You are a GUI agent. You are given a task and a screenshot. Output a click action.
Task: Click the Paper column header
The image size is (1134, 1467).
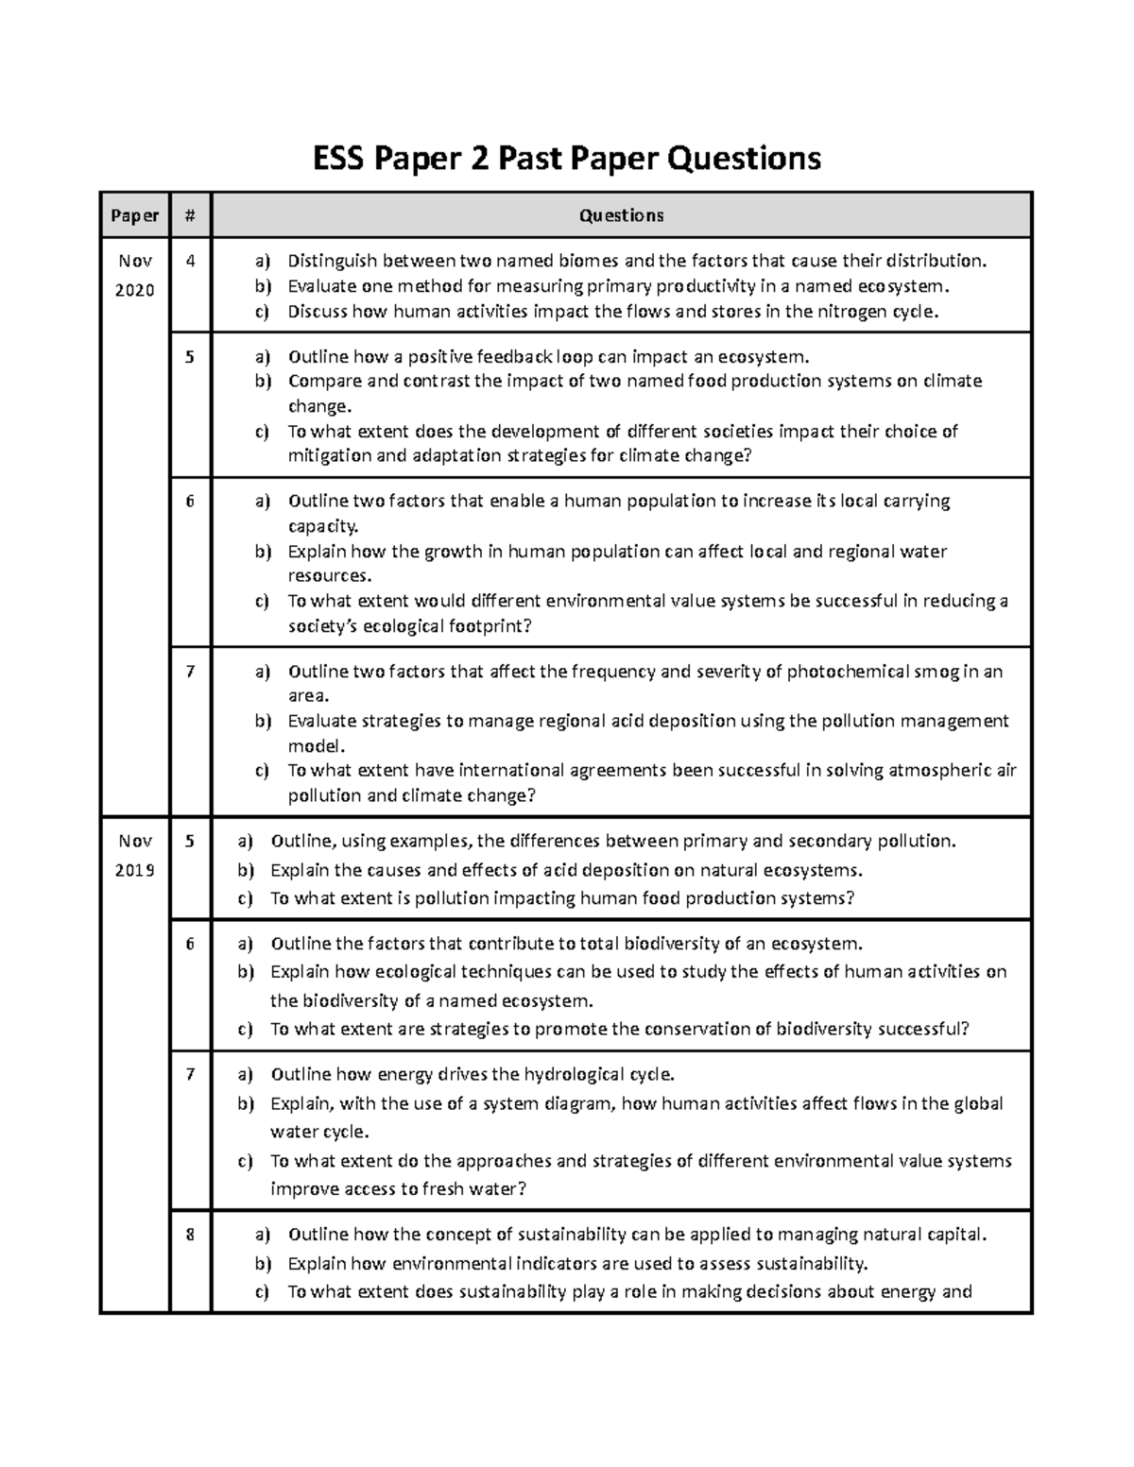[134, 215]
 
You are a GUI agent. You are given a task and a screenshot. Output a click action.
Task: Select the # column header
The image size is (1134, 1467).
[190, 215]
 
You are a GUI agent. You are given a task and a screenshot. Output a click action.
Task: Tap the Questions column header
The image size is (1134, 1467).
[621, 215]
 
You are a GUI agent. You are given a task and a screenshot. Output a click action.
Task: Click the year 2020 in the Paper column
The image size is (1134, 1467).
[134, 290]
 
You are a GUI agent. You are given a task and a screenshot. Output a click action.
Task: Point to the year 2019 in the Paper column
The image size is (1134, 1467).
[135, 869]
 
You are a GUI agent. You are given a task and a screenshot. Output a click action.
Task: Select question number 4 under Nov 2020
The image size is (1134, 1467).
[190, 261]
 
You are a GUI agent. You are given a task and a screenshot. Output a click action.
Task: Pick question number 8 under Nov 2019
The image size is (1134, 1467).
[190, 1234]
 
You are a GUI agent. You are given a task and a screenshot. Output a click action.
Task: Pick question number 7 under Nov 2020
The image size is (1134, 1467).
[190, 672]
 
